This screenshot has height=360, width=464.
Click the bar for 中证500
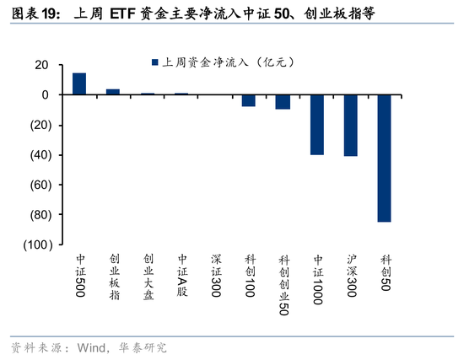click(x=79, y=83)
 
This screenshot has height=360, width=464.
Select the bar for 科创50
click(x=384, y=158)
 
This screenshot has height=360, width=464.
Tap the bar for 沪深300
click(x=350, y=125)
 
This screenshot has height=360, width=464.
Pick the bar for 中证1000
click(x=316, y=125)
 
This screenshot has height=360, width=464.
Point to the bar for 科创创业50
click(x=283, y=102)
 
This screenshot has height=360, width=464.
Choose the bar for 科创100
click(x=249, y=100)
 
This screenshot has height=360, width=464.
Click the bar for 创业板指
click(x=113, y=92)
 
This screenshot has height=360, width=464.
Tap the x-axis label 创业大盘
click(x=148, y=277)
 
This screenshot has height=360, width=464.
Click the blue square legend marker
click(x=154, y=62)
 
